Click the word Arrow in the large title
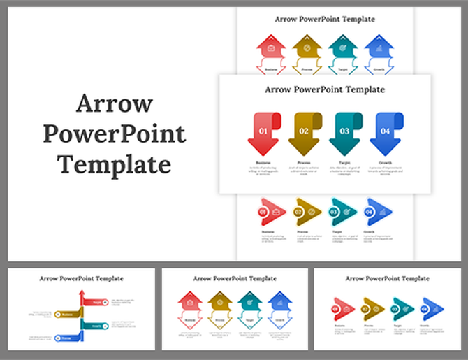114,103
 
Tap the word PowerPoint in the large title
114,134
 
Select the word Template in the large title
114,165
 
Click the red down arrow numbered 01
263,132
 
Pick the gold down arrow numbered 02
304,132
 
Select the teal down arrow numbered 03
344,132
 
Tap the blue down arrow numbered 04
385,132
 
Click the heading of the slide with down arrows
325,89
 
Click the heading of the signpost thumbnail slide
81,278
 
